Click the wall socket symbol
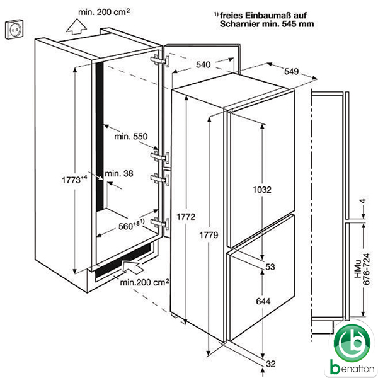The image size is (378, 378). pos(14,30)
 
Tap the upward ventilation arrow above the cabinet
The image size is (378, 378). pos(76,26)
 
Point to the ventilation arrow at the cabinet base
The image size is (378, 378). pos(132,266)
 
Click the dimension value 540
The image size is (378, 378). pos(203,65)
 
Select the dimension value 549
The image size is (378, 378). pos(292,71)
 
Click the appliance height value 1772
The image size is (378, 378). pos(186,217)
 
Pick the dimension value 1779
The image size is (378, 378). pos(209,235)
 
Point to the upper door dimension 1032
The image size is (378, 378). pos(262,190)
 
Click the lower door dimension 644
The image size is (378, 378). pos(263,301)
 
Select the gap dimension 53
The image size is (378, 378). pos(270,266)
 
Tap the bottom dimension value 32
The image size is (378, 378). pos(270,364)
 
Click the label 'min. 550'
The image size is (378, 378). pos(131,137)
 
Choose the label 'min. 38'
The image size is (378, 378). pos(119,173)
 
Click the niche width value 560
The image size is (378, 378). pos(125,226)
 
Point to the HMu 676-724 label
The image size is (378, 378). pos(362,269)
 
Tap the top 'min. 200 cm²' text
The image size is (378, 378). pos(104,12)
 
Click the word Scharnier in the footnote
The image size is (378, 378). pos(240,24)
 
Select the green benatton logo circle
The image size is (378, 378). pos(352,343)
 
